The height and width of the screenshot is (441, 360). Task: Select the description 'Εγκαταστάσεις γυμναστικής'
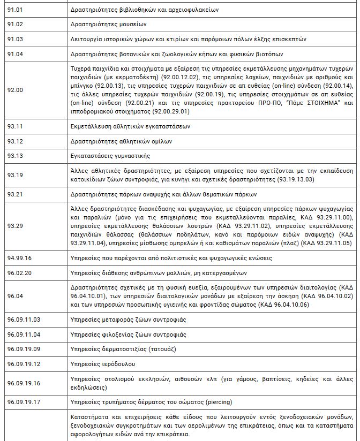[110, 156]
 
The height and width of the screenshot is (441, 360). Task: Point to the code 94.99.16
[19, 258]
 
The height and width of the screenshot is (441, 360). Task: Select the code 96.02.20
[19, 272]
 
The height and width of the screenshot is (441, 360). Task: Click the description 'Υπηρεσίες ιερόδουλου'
[102, 364]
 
